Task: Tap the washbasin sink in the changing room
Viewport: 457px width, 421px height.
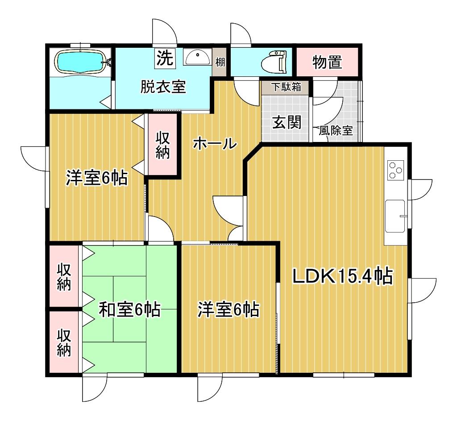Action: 197,57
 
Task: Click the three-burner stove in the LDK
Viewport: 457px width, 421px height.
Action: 395,170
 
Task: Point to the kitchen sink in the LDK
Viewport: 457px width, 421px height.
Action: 395,216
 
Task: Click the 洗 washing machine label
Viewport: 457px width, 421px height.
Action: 165,58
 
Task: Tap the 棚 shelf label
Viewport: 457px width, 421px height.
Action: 220,62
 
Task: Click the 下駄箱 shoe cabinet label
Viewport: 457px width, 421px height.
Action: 286,87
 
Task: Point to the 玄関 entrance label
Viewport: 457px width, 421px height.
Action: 287,122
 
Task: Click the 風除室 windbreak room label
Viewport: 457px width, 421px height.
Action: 336,130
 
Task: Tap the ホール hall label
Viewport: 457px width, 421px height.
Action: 215,143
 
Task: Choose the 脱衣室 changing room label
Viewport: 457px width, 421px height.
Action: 163,87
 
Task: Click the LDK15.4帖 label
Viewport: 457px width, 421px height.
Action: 342,276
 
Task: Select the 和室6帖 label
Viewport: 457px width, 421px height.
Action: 130,309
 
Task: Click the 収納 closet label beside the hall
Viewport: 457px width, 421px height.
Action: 162,145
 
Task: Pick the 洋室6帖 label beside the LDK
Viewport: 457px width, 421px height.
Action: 228,309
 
